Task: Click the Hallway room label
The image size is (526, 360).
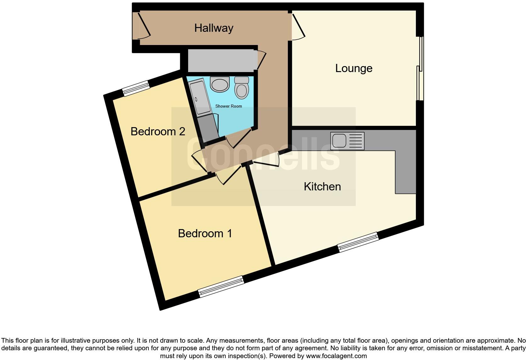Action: pyautogui.click(x=214, y=28)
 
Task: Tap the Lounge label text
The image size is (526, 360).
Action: pyautogui.click(x=354, y=68)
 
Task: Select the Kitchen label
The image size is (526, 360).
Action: pyautogui.click(x=322, y=187)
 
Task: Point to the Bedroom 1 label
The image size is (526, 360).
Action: pyautogui.click(x=205, y=233)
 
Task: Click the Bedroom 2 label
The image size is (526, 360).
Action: pyautogui.click(x=158, y=132)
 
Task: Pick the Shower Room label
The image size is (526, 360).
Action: pyautogui.click(x=228, y=106)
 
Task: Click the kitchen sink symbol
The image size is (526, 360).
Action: pyautogui.click(x=347, y=141)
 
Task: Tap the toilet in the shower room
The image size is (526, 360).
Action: pyautogui.click(x=242, y=87)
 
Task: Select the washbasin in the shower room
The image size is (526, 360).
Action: pyautogui.click(x=220, y=84)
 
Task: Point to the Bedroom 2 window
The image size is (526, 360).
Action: pyautogui.click(x=136, y=88)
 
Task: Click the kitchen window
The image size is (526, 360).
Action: pyautogui.click(x=358, y=242)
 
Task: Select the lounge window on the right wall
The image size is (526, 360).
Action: pyautogui.click(x=420, y=69)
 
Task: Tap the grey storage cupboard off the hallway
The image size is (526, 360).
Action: pyautogui.click(x=221, y=60)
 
